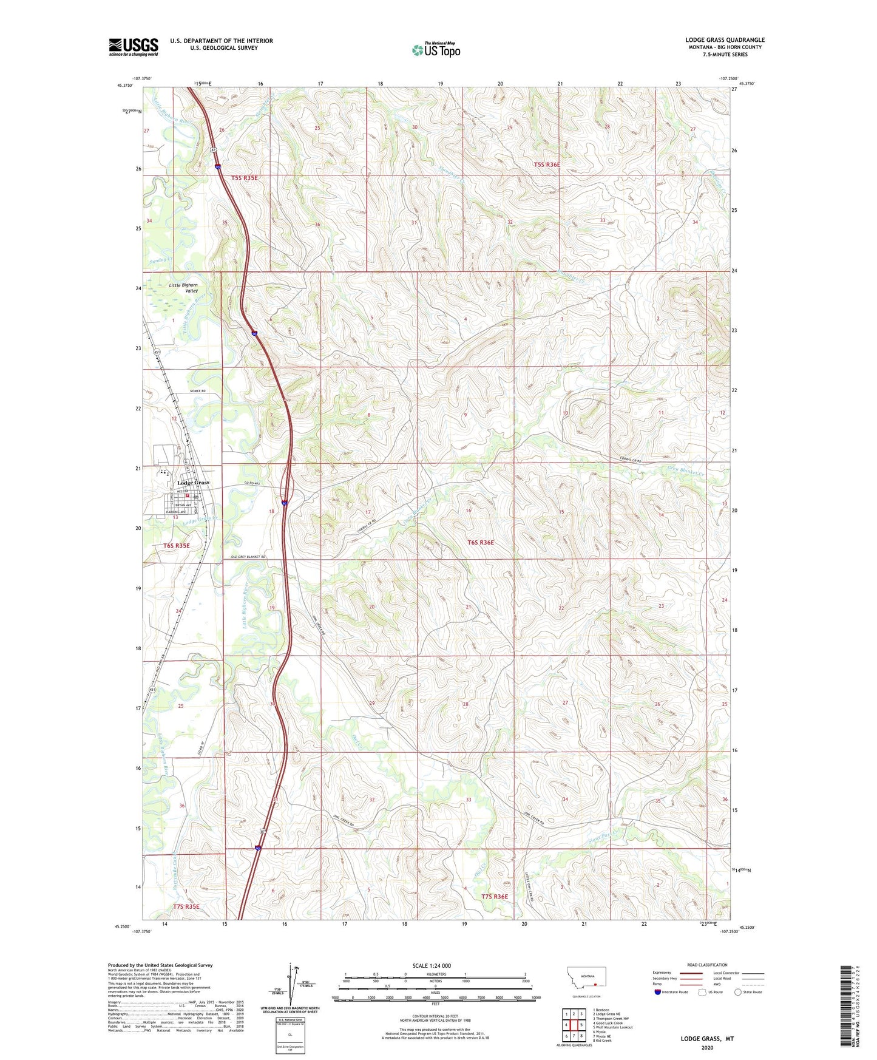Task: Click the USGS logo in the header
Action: (133, 47)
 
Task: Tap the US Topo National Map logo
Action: (436, 49)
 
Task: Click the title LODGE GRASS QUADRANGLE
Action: (725, 40)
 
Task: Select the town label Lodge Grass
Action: (193, 483)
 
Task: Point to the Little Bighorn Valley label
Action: (183, 288)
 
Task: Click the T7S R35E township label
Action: (186, 906)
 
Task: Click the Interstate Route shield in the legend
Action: (658, 992)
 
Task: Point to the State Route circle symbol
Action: (737, 992)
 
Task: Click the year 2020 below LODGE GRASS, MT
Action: (706, 1047)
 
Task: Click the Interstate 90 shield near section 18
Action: (284, 502)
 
